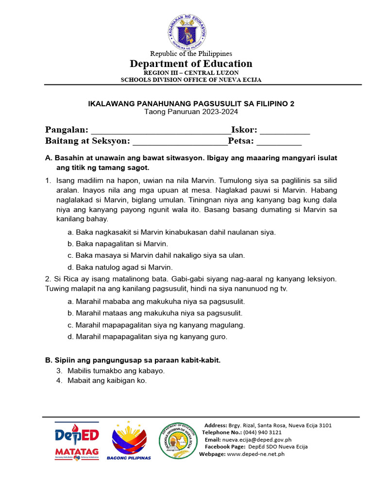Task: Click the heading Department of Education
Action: pyautogui.click(x=191, y=64)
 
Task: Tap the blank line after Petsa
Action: pyautogui.click(x=279, y=142)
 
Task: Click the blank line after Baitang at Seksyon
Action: pyautogui.click(x=180, y=142)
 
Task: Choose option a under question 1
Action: pyautogui.click(x=172, y=232)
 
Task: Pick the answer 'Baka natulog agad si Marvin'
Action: pyautogui.click(x=120, y=267)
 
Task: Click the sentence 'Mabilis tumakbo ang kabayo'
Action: pyautogui.click(x=117, y=370)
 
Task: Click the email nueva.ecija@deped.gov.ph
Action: pyautogui.click(x=257, y=439)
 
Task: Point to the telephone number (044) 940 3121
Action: pyautogui.click(x=262, y=432)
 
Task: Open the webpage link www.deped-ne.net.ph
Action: pyautogui.click(x=255, y=454)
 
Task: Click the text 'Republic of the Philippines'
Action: pyautogui.click(x=191, y=53)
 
